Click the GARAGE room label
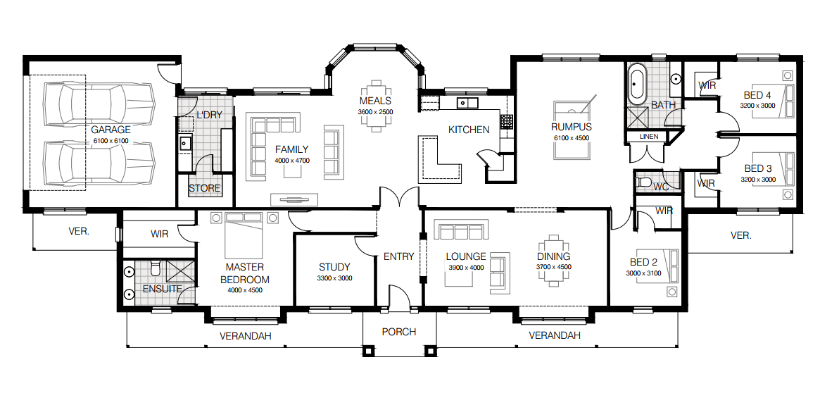111,130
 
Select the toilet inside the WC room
643,183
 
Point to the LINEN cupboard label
648,137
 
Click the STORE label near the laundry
204,189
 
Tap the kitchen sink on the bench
466,104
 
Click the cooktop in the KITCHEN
506,121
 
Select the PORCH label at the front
398,332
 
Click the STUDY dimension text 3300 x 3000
334,278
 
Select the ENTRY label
398,256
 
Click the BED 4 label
757,95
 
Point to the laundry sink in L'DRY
185,144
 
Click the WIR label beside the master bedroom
159,234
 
